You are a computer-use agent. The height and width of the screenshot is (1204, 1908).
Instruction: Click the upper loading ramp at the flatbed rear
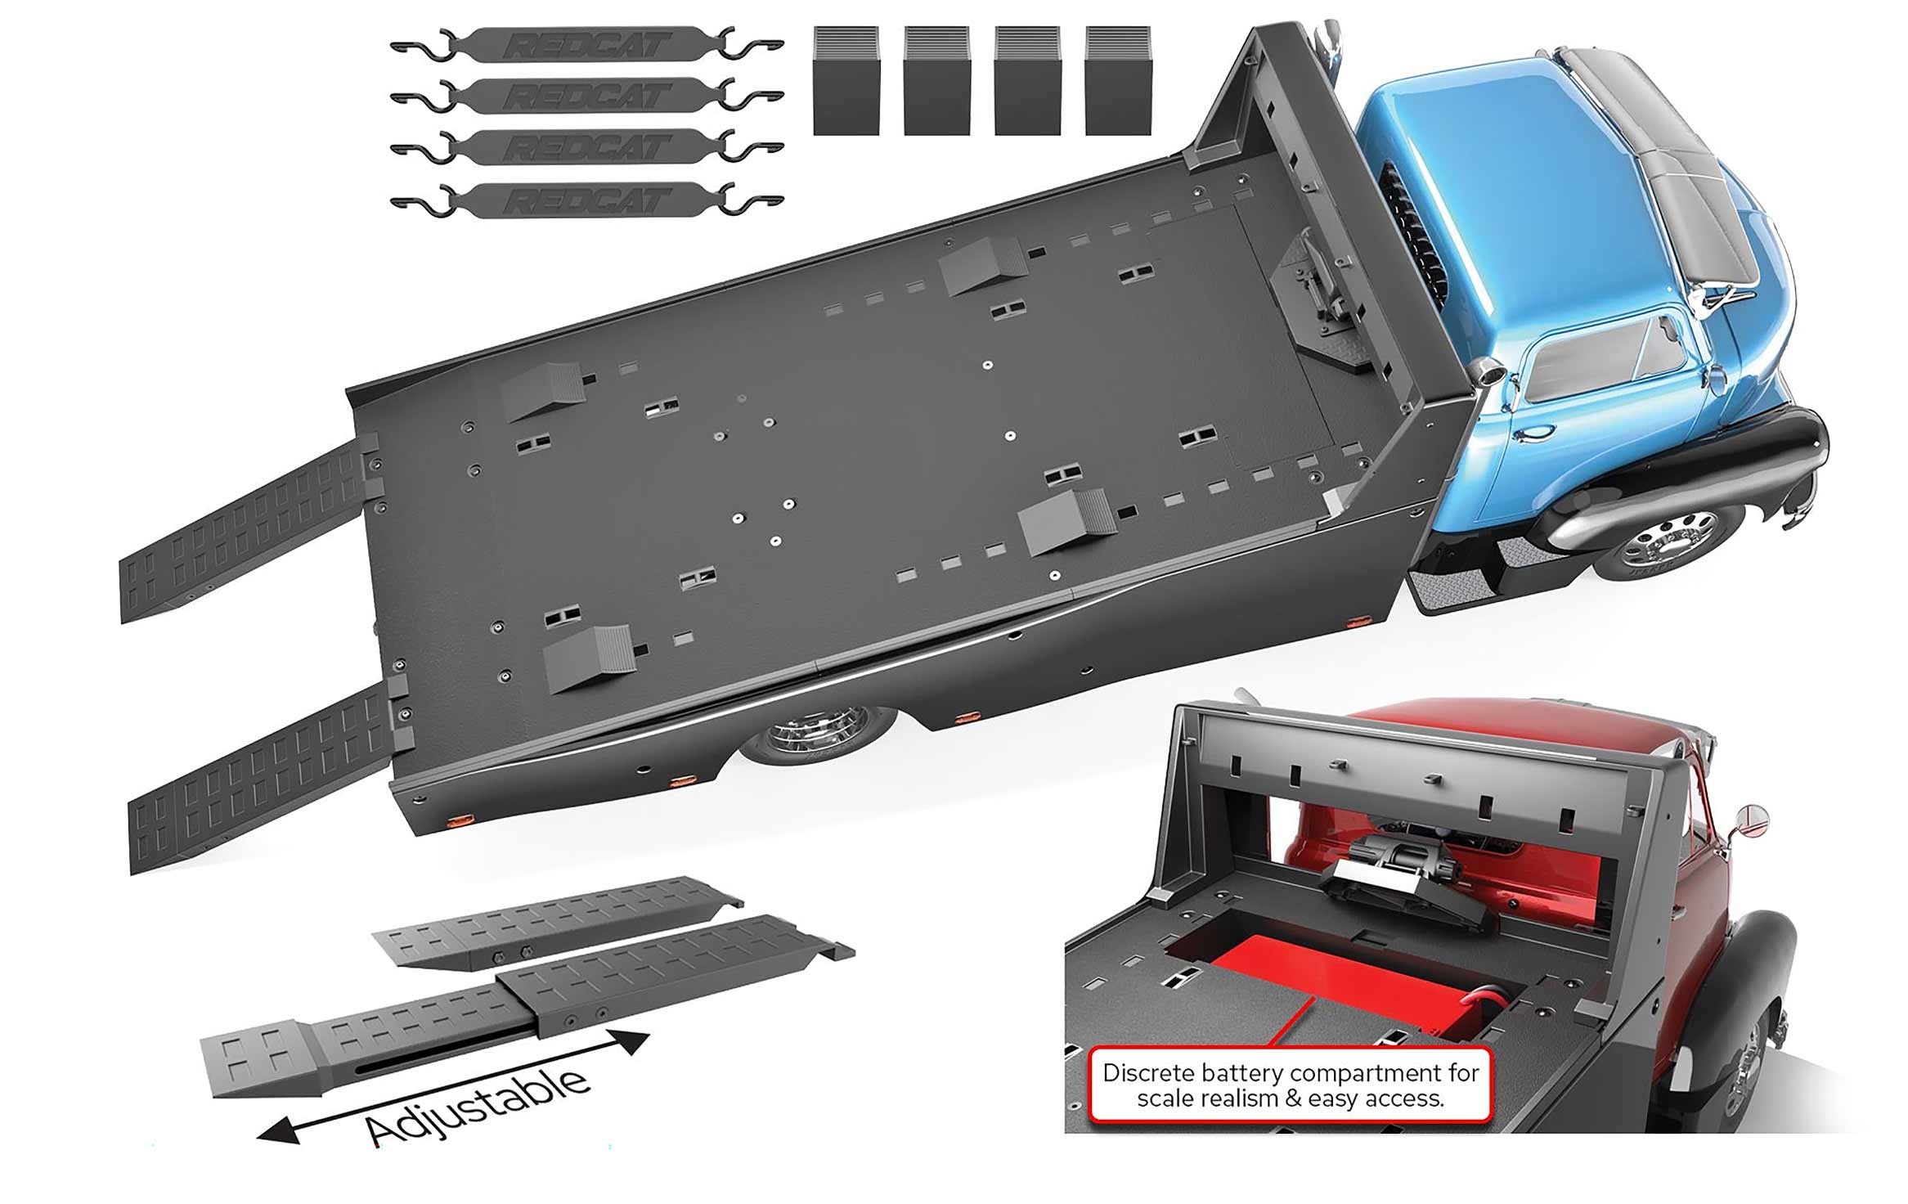pos(242,532)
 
